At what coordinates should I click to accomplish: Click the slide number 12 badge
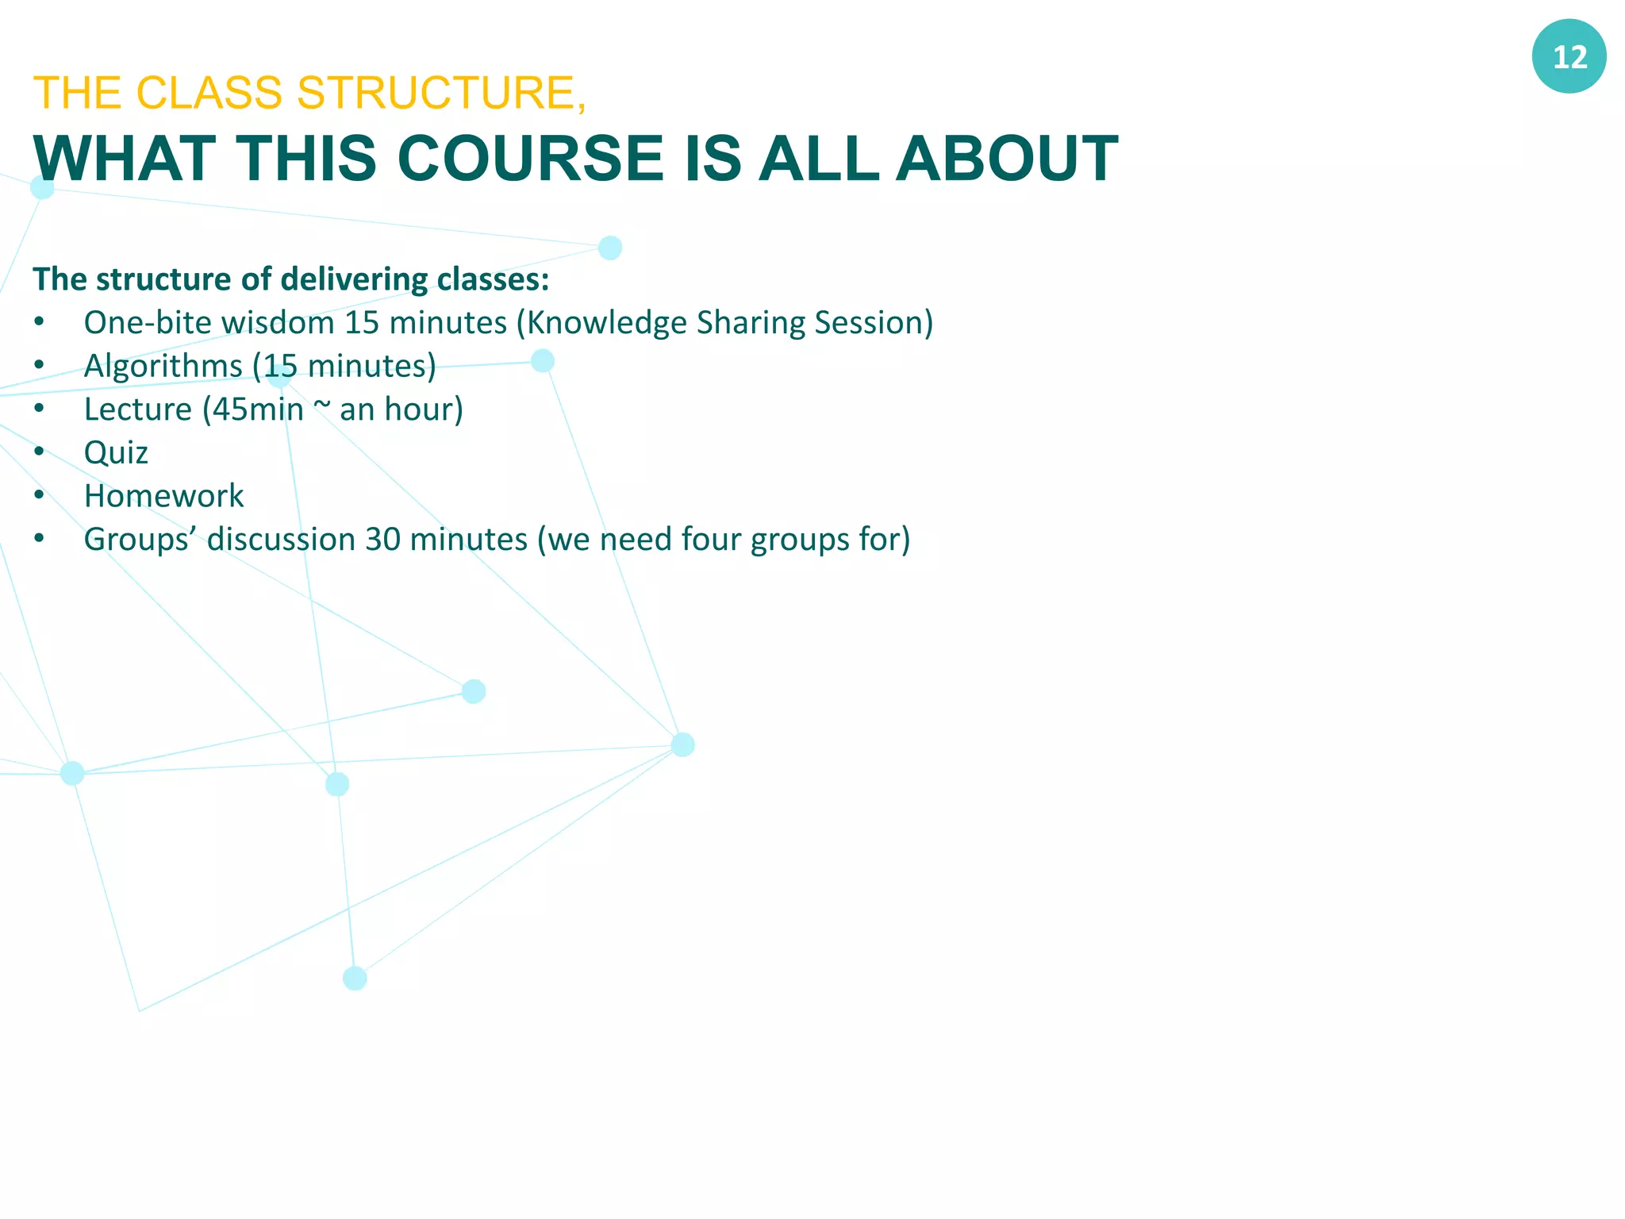pyautogui.click(x=1569, y=56)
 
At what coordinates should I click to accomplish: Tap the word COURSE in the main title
pyautogui.click(x=530, y=158)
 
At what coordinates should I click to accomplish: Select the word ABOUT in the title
pyautogui.click(x=1007, y=158)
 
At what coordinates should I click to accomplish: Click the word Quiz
pyautogui.click(x=116, y=453)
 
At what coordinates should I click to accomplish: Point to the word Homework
pyautogui.click(x=163, y=496)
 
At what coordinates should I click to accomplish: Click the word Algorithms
pyautogui.click(x=163, y=367)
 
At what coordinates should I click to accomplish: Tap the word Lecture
pyautogui.click(x=137, y=410)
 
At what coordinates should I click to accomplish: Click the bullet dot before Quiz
pyautogui.click(x=39, y=452)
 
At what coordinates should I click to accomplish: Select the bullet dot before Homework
pyautogui.click(x=39, y=495)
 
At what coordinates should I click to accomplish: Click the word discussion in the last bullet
pyautogui.click(x=281, y=540)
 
